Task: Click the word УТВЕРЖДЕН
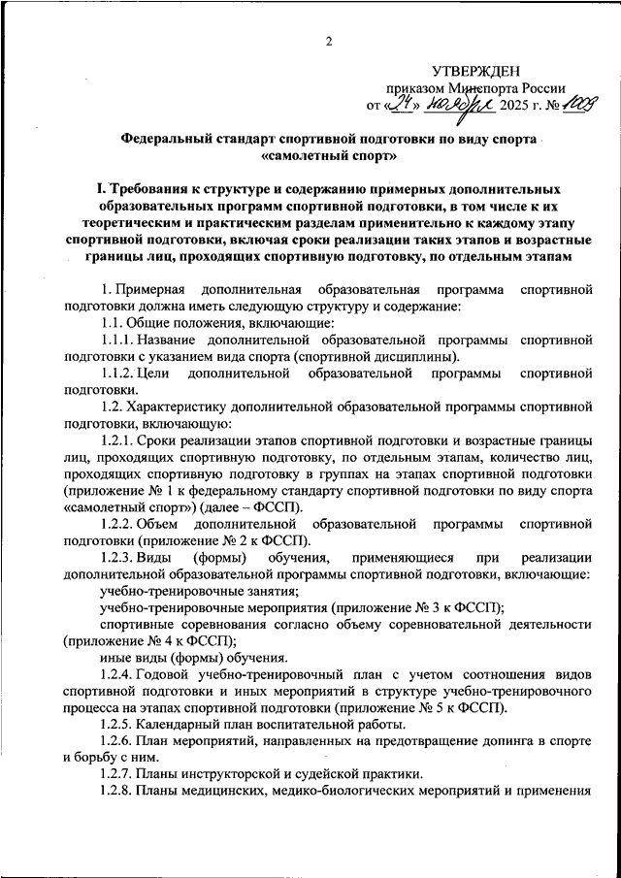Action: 476,70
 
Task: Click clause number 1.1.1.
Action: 118,340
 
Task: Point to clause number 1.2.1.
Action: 118,440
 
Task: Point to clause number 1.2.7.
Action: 118,774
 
